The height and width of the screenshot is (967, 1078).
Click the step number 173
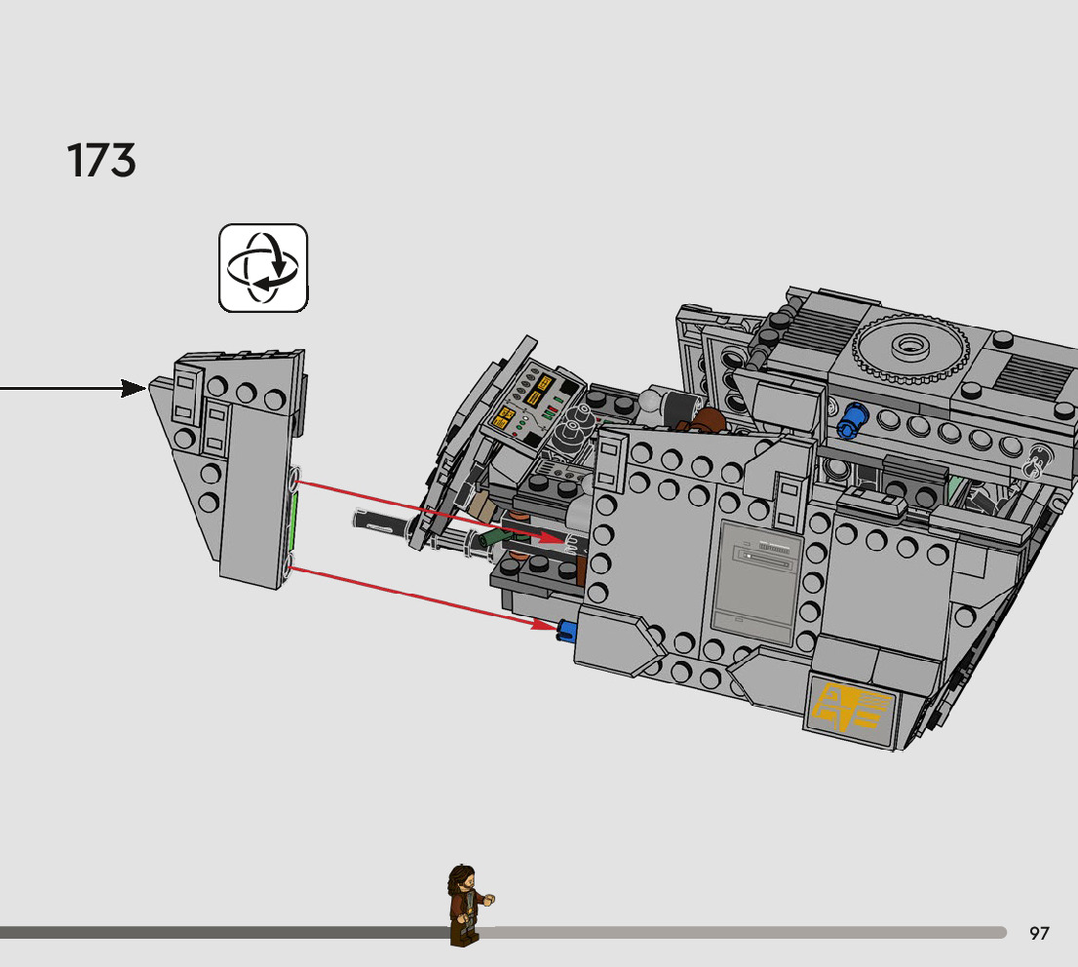(101, 161)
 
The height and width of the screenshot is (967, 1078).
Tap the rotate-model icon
(263, 268)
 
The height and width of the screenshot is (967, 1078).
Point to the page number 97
(1039, 934)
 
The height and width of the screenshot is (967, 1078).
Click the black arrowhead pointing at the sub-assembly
(135, 389)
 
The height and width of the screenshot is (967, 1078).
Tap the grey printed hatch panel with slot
(758, 582)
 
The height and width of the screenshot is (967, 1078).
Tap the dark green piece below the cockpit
(494, 537)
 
